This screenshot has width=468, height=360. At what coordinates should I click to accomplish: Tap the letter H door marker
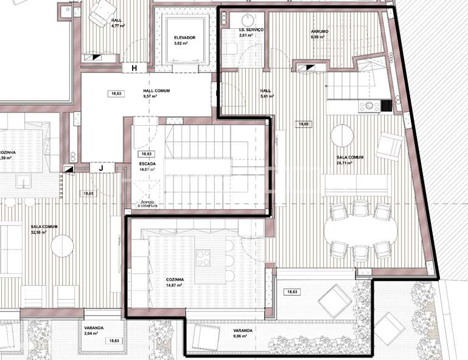click(134, 67)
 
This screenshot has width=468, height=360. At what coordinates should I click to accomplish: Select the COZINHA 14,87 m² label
click(175, 282)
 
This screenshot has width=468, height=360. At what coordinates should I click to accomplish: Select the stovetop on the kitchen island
click(204, 257)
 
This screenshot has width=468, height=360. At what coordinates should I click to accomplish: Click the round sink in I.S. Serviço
click(251, 18)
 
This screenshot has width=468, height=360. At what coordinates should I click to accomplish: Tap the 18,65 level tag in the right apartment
click(303, 123)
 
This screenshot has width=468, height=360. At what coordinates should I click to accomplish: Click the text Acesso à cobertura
click(148, 204)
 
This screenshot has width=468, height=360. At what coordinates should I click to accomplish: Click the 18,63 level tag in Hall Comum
click(116, 94)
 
